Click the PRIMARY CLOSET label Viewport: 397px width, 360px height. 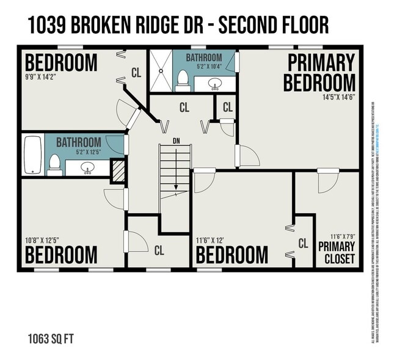click(337, 252)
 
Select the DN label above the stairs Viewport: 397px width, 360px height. click(176, 141)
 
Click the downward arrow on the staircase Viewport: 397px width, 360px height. click(176, 183)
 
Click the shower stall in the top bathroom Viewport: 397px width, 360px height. click(161, 71)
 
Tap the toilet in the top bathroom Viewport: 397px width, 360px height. click(183, 80)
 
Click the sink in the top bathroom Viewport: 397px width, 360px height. click(214, 83)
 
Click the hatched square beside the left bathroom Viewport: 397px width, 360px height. click(117, 168)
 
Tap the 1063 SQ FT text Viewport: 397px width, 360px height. click(52, 338)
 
